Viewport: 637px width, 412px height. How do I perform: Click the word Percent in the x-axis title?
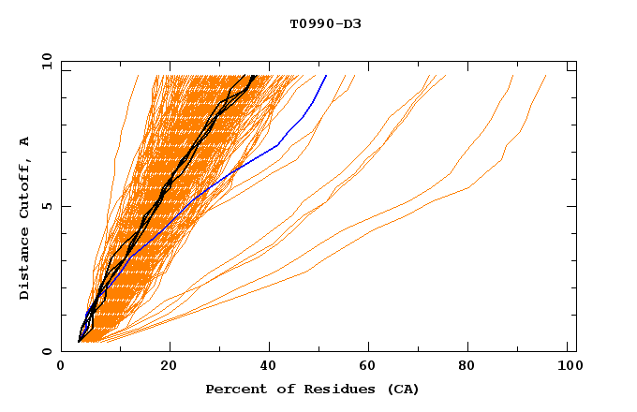[234, 389]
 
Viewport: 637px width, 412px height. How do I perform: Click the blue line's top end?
[326, 75]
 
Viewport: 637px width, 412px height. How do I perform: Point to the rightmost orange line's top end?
[546, 75]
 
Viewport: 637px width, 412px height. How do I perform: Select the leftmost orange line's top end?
[138, 75]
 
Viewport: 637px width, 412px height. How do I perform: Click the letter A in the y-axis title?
[25, 141]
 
